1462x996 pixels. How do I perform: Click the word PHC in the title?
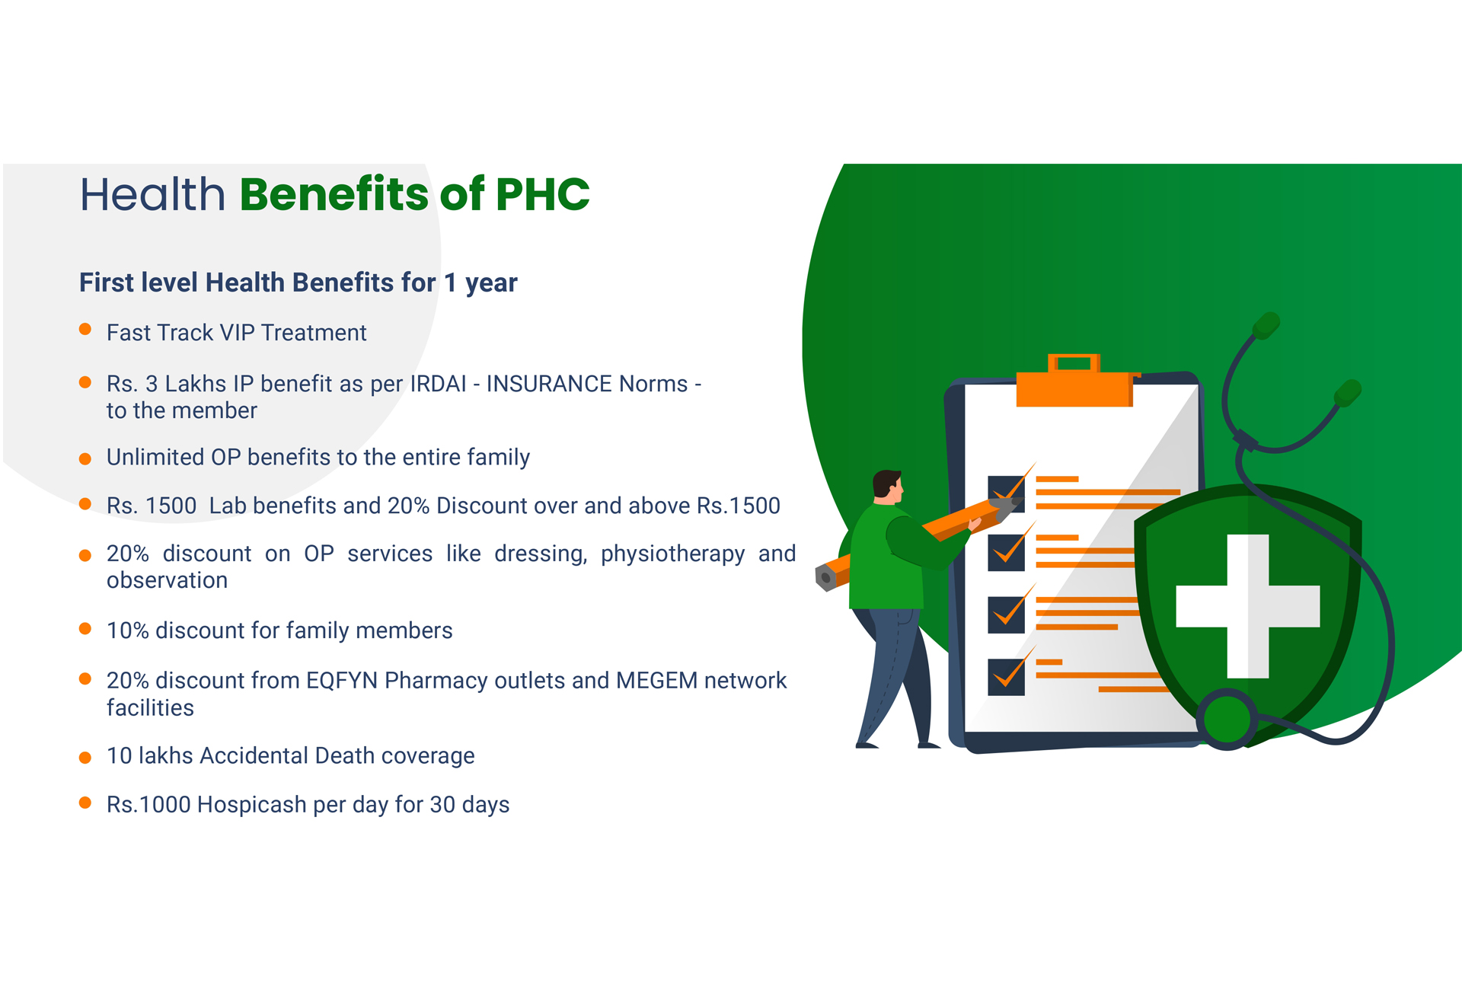click(x=542, y=194)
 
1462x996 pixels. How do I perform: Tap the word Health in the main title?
click(x=153, y=194)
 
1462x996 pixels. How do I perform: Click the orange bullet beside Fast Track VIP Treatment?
click(x=85, y=330)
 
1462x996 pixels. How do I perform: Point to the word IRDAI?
click(x=438, y=384)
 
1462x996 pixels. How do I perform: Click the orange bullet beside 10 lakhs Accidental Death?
click(x=85, y=758)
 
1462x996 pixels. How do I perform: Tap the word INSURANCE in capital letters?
click(x=549, y=384)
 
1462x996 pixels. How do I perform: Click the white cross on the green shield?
click(x=1248, y=606)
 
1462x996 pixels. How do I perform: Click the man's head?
click(x=887, y=487)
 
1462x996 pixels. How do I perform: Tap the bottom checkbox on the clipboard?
click(x=1006, y=676)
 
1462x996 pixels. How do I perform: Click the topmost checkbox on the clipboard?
click(x=1006, y=493)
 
